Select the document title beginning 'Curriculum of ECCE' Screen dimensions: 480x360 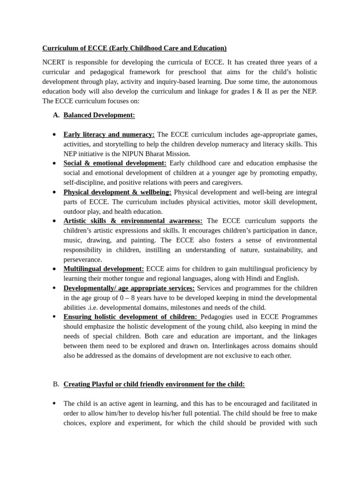(x=135, y=48)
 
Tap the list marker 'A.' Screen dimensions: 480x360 (x=56, y=115)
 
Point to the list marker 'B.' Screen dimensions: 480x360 (x=56, y=384)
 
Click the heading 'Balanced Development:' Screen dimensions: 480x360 (x=99, y=115)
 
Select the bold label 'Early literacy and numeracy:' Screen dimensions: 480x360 (x=109, y=135)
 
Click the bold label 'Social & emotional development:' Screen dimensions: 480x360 (x=115, y=163)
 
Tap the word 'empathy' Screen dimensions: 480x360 (x=302, y=173)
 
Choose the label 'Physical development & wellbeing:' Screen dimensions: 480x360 (x=117, y=192)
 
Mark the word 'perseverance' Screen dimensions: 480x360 (x=82, y=260)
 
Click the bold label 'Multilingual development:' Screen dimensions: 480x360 (x=104, y=269)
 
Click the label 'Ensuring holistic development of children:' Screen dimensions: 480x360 (x=130, y=317)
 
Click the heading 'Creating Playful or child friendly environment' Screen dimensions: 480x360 (x=154, y=384)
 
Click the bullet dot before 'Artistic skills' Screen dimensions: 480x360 (x=54, y=221)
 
